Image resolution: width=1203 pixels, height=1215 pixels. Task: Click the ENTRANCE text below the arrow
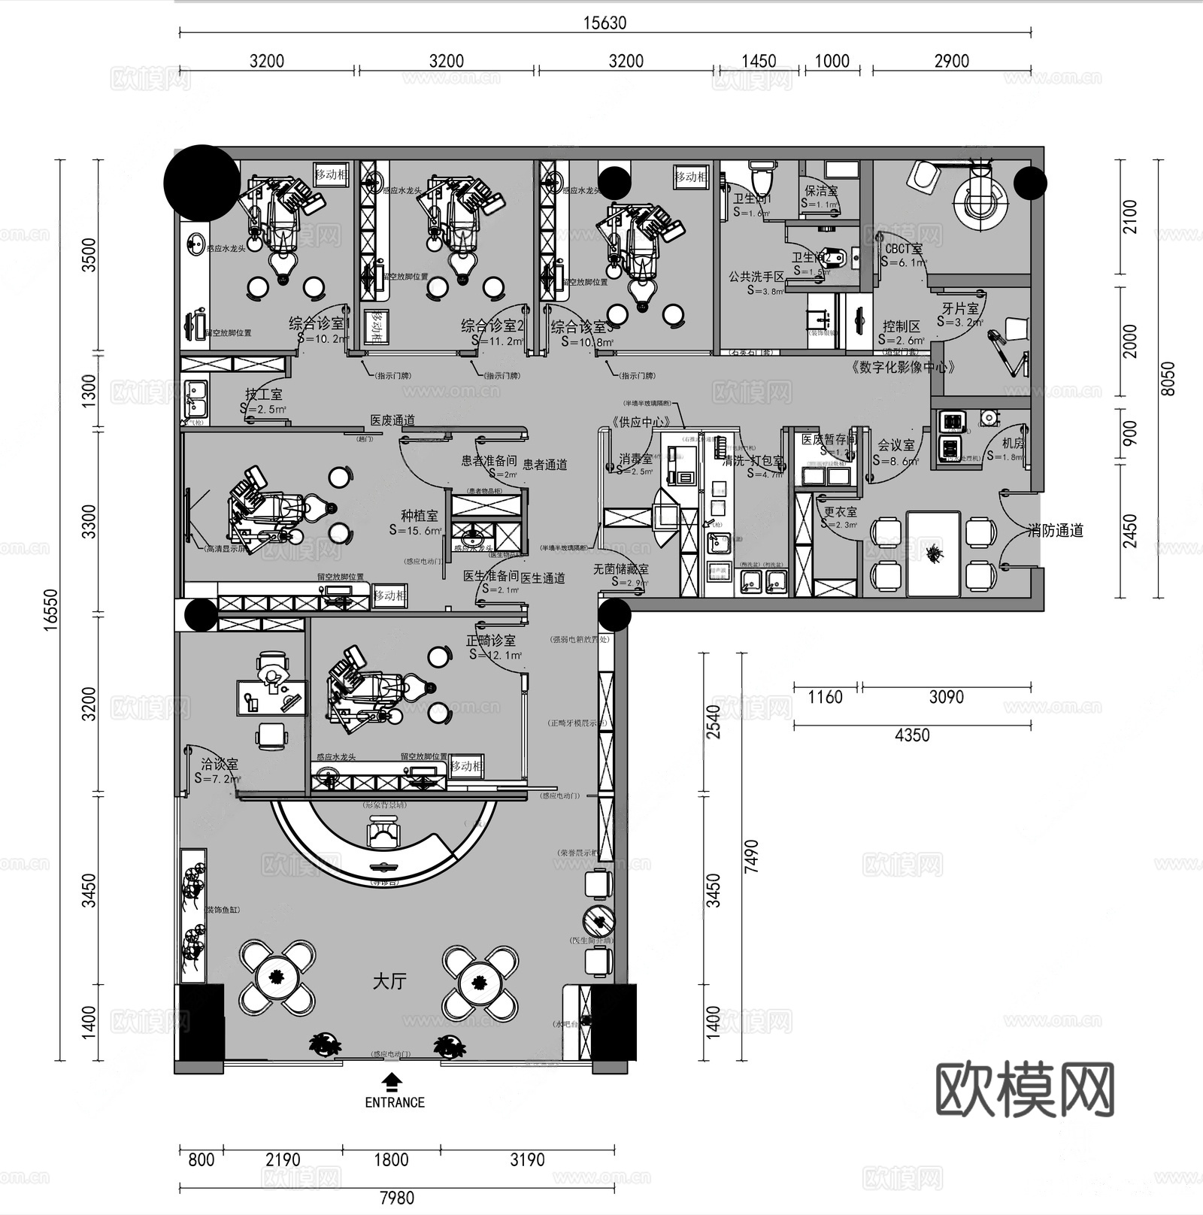pos(395,1102)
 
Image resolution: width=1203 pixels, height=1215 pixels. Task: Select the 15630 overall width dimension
pos(605,23)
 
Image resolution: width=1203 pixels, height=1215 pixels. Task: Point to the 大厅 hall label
pos(389,981)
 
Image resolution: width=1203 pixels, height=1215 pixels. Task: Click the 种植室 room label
pos(419,516)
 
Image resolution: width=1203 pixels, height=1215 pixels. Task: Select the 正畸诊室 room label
pos(491,641)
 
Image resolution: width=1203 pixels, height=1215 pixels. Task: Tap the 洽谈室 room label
pos(219,765)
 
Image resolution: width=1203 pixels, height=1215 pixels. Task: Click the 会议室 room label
pos(896,446)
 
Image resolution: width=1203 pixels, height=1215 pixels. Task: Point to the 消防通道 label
pos(1056,531)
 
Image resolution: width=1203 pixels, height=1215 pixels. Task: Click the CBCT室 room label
pos(903,249)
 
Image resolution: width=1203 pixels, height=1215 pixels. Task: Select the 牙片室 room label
pos(960,309)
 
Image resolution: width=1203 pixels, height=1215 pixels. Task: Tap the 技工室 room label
pos(263,395)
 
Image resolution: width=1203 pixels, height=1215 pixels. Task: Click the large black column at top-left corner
pos(202,183)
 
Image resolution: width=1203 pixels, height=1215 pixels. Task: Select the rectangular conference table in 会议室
pos(933,553)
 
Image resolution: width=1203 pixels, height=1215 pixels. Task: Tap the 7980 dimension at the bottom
pos(396,1197)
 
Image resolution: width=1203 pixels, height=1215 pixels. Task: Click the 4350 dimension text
pos(912,735)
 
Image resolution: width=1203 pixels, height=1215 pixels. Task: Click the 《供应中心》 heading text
pos(640,422)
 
